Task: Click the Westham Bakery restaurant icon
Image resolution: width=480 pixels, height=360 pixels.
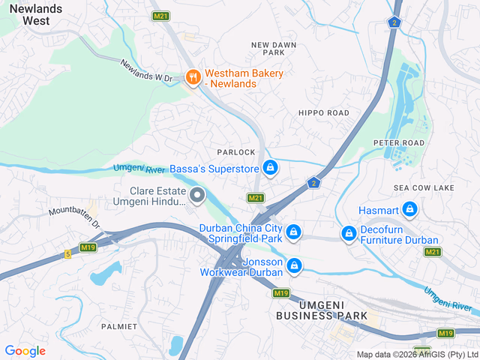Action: (193, 77)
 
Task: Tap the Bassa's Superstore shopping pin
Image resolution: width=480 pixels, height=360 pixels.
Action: (270, 168)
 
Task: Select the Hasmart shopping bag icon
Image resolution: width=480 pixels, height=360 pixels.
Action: (409, 209)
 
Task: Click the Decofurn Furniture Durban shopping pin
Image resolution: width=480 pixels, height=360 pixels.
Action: (349, 234)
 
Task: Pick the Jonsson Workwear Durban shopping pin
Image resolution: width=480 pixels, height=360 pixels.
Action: (295, 265)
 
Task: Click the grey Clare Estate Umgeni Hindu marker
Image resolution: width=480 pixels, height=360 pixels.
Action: (198, 196)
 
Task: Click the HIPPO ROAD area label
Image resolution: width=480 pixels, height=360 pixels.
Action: (324, 112)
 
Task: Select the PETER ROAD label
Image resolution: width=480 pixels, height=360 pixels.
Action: (399, 142)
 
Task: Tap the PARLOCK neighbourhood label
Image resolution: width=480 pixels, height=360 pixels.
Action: (236, 152)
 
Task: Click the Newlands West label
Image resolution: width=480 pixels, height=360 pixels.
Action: (25, 13)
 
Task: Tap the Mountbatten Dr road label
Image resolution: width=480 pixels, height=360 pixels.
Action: (74, 217)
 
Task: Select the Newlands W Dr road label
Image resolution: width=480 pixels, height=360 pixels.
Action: (147, 70)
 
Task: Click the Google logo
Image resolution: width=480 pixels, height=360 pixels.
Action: (25, 351)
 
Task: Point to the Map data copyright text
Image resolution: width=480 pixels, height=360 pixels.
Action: (417, 355)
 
